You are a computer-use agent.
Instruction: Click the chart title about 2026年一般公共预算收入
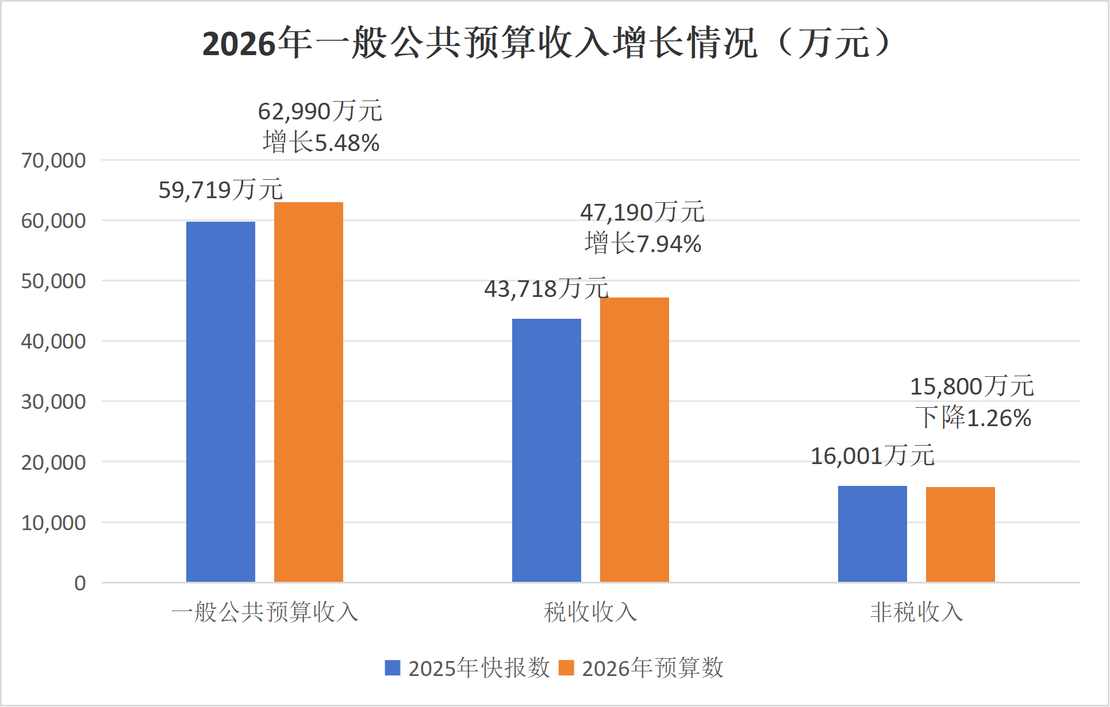pyautogui.click(x=546, y=43)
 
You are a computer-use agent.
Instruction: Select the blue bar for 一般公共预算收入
pyautogui.click(x=221, y=402)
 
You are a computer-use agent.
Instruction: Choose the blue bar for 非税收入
pyautogui.click(x=873, y=534)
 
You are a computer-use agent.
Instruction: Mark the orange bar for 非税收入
pyautogui.click(x=961, y=535)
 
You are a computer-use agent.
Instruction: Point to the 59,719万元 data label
pyautogui.click(x=221, y=190)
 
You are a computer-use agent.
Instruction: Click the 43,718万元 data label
pyautogui.click(x=546, y=289)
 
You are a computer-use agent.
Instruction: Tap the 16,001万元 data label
pyautogui.click(x=873, y=456)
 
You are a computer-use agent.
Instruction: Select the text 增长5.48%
pyautogui.click(x=321, y=142)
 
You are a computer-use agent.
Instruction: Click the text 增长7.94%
pyautogui.click(x=643, y=244)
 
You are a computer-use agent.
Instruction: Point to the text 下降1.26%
pyautogui.click(x=973, y=418)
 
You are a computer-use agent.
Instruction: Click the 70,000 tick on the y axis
pyautogui.click(x=53, y=160)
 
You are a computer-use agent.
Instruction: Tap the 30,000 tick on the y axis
pyautogui.click(x=53, y=401)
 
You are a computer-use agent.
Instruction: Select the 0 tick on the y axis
pyautogui.click(x=80, y=583)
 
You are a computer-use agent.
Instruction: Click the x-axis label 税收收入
pyautogui.click(x=590, y=612)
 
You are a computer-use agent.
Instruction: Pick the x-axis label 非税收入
pyautogui.click(x=916, y=612)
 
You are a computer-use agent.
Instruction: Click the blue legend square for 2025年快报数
pyautogui.click(x=393, y=668)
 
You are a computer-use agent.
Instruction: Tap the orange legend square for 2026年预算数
pyautogui.click(x=567, y=668)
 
